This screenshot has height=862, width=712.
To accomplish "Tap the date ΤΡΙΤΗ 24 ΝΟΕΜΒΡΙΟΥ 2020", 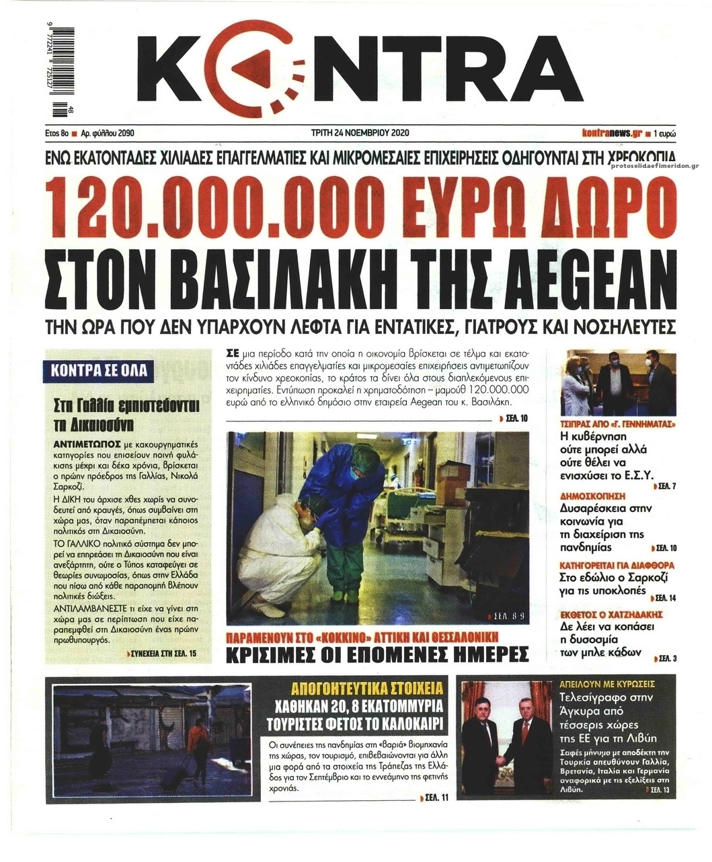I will click(360, 133).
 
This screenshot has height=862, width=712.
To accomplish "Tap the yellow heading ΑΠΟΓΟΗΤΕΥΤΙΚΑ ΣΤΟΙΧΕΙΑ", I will click(367, 689).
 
